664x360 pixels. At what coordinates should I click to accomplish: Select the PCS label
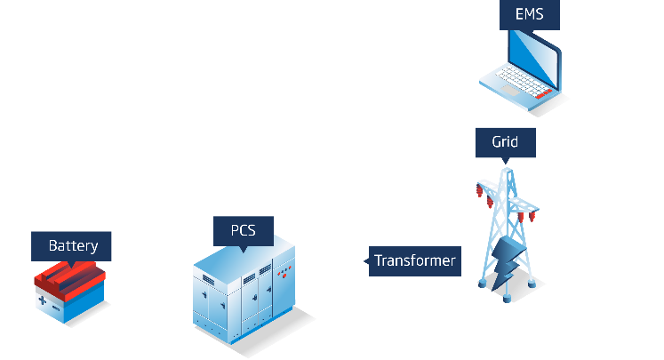click(243, 231)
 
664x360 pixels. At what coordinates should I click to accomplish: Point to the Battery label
click(73, 245)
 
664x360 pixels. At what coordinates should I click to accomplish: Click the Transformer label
click(414, 260)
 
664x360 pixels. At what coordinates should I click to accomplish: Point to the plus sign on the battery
click(42, 301)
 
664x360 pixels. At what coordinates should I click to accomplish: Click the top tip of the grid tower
click(507, 166)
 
